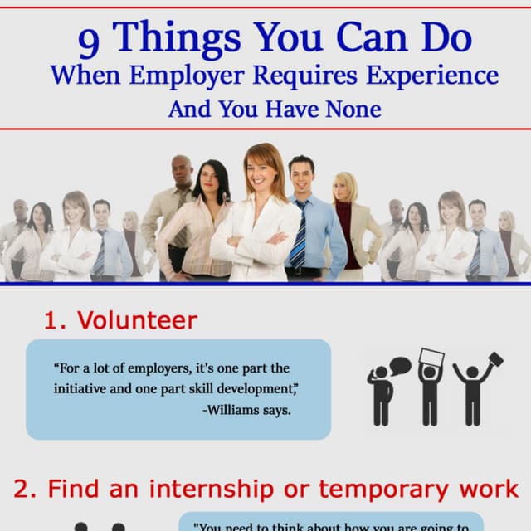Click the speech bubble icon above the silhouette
(x=400, y=364)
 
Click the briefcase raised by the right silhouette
(x=494, y=360)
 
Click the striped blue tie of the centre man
(x=298, y=236)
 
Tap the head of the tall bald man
(x=182, y=170)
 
